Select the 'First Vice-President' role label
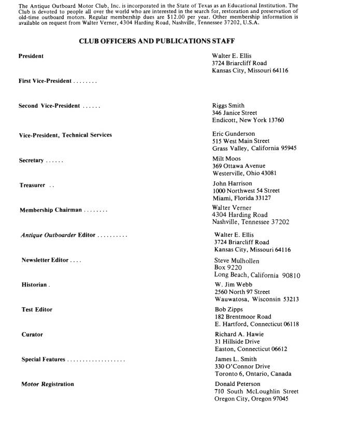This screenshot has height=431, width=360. click(46, 81)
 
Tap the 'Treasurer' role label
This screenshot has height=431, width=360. click(33, 185)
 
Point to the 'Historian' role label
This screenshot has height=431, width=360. click(35, 285)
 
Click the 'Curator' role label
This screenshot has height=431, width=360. click(32, 334)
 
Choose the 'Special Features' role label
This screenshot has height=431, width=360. click(44, 359)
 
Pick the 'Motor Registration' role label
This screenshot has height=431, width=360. click(48, 384)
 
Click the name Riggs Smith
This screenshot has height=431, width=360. click(228, 105)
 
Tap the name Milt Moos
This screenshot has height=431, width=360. click(226, 159)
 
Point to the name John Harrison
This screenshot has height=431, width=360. click(233, 183)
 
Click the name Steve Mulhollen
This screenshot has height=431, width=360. click(237, 261)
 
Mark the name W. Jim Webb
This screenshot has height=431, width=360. click(230, 284)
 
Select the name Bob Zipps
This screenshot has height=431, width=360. click(228, 309)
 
